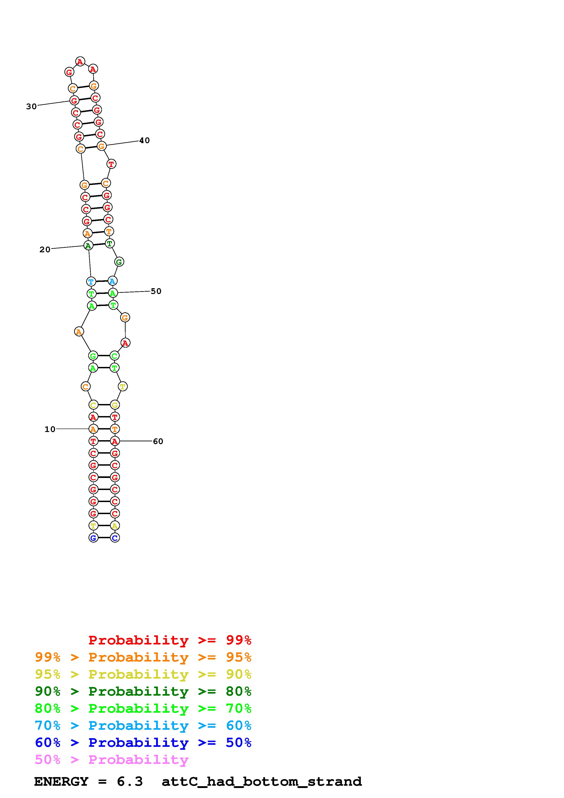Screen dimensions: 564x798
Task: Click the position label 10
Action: tap(50, 429)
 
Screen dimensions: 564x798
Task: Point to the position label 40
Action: tap(144, 140)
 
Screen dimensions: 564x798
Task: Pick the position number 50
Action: tap(156, 291)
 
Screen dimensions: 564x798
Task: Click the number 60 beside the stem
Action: tap(158, 441)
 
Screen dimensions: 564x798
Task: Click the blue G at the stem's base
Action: tap(93, 538)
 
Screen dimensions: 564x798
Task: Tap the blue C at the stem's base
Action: tap(115, 538)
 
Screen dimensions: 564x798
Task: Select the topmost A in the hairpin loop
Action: tap(80, 61)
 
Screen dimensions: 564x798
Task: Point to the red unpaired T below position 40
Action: tap(111, 164)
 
